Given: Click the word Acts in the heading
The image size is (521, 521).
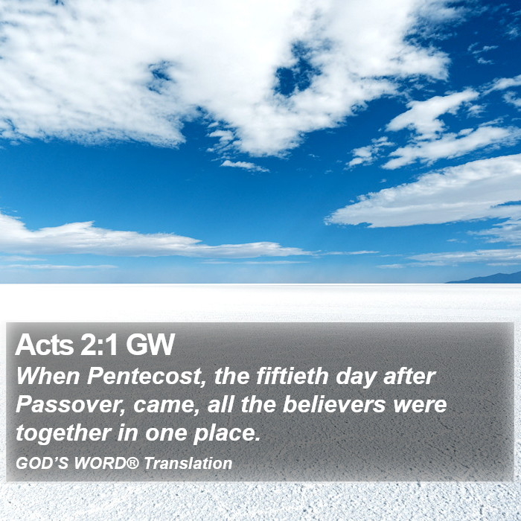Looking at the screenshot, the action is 44,345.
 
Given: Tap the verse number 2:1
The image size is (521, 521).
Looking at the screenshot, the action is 99,345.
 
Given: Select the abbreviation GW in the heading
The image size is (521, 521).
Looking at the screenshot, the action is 150,345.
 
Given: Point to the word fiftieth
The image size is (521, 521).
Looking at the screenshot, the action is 293,376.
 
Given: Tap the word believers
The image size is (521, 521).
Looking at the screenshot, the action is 334,404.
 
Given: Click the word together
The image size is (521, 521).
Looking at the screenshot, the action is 63,434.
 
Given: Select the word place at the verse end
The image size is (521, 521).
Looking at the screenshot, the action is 226,434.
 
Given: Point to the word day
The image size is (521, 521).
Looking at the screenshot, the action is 356,377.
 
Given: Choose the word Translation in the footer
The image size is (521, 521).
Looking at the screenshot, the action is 188,463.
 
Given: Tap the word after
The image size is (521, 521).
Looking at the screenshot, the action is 409,376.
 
